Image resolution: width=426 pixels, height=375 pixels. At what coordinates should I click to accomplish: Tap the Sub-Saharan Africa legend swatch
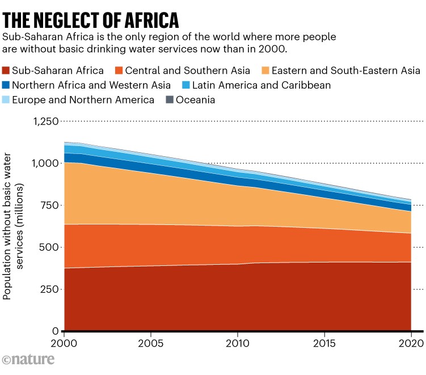pyautogui.click(x=7, y=71)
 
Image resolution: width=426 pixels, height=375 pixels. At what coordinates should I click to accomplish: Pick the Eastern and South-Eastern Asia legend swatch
pyautogui.click(x=264, y=71)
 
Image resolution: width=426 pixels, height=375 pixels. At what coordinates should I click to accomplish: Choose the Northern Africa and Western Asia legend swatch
pyautogui.click(x=7, y=86)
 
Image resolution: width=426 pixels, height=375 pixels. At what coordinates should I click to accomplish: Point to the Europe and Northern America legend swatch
pyautogui.click(x=7, y=100)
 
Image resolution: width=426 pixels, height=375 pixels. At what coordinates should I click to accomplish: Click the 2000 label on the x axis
pyautogui.click(x=64, y=343)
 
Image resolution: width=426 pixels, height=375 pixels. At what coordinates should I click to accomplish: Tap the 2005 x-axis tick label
pyautogui.click(x=151, y=343)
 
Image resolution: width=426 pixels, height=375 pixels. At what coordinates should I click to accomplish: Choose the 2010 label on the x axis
pyautogui.click(x=238, y=343)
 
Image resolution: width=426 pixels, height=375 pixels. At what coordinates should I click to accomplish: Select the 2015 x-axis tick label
pyautogui.click(x=324, y=343)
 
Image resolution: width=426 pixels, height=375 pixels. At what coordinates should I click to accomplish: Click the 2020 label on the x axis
pyautogui.click(x=410, y=343)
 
